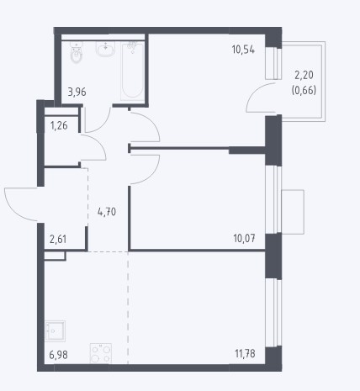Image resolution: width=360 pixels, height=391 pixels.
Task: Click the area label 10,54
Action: [x=243, y=50]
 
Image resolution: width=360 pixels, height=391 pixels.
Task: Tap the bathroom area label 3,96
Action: [x=77, y=92]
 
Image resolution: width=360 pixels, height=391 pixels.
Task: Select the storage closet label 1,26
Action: [x=59, y=125]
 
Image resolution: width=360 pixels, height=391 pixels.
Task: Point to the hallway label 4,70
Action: [x=107, y=212]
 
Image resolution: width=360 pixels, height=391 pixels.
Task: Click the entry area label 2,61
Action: [x=58, y=240]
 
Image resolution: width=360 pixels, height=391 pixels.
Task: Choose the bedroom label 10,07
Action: [x=244, y=239]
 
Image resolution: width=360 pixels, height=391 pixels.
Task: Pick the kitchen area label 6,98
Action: [x=58, y=355]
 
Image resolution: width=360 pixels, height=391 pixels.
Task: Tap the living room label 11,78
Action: [x=245, y=354]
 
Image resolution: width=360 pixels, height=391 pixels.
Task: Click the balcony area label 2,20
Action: [x=304, y=75]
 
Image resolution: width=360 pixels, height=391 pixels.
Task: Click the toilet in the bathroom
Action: [x=76, y=53]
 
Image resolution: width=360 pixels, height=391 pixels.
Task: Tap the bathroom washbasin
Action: [x=105, y=50]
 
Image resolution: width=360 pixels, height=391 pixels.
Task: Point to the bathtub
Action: [x=132, y=71]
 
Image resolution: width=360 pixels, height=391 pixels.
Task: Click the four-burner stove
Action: [x=101, y=353]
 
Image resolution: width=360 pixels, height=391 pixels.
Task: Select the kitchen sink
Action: [x=55, y=331]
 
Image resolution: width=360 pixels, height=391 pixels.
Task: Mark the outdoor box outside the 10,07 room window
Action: [x=293, y=212]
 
